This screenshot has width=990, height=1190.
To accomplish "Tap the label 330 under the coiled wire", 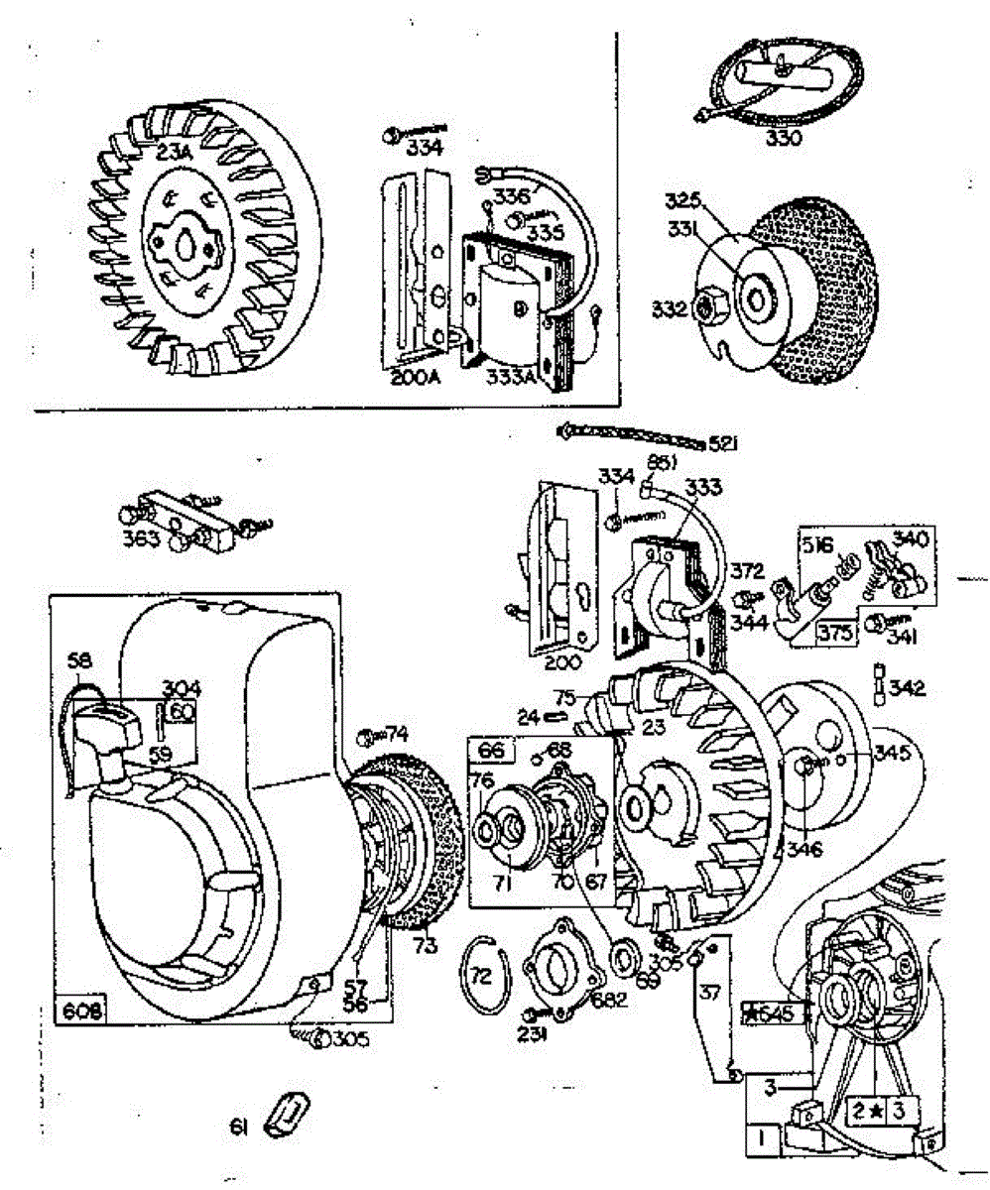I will pyautogui.click(x=784, y=138).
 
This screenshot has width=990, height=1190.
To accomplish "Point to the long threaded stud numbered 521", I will pyautogui.click(x=635, y=435).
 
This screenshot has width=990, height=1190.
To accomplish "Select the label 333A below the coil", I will pyautogui.click(x=512, y=377).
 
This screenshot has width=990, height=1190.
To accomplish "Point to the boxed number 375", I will pyautogui.click(x=836, y=632).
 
